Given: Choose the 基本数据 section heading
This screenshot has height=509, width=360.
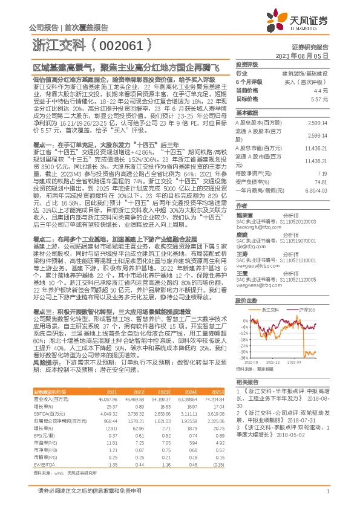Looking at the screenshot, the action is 247,113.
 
